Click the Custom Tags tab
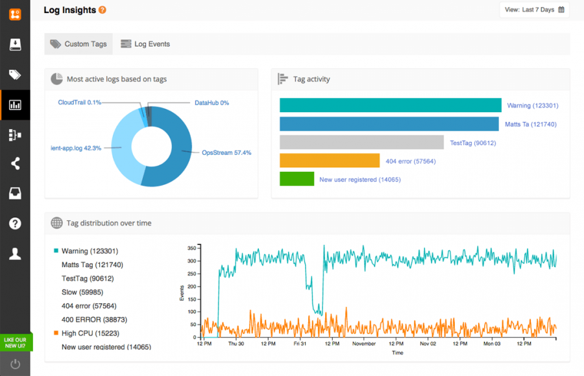click(x=79, y=44)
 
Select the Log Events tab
click(x=145, y=44)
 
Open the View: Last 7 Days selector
click(x=534, y=10)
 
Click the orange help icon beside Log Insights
click(x=103, y=10)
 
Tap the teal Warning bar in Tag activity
click(x=390, y=105)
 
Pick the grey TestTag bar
click(x=361, y=143)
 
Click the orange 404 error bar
click(x=329, y=161)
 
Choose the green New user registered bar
click(x=297, y=179)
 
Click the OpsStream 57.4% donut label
click(x=226, y=153)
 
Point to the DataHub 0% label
click(x=212, y=103)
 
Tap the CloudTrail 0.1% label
click(x=79, y=102)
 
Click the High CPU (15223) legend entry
click(x=90, y=333)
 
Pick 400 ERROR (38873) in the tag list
click(x=94, y=320)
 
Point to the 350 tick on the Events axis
click(x=191, y=248)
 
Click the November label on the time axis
click(x=364, y=344)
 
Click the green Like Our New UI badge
click(x=15, y=342)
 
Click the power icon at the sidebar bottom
click(x=15, y=364)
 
